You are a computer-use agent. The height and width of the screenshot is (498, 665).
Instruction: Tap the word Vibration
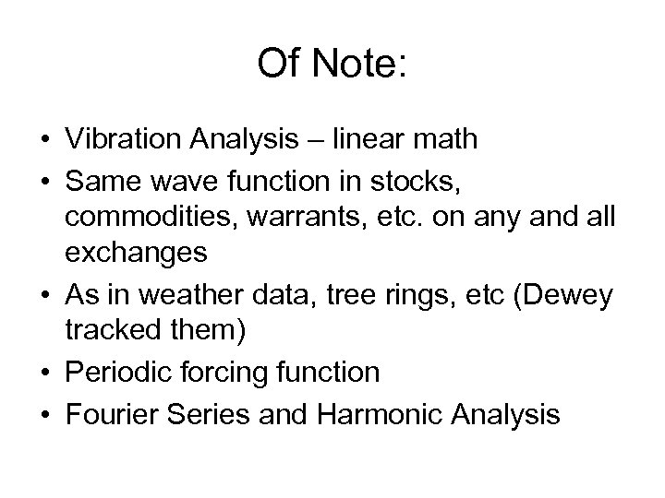point(126,139)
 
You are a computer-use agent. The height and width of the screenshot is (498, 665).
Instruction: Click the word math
point(448,139)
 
